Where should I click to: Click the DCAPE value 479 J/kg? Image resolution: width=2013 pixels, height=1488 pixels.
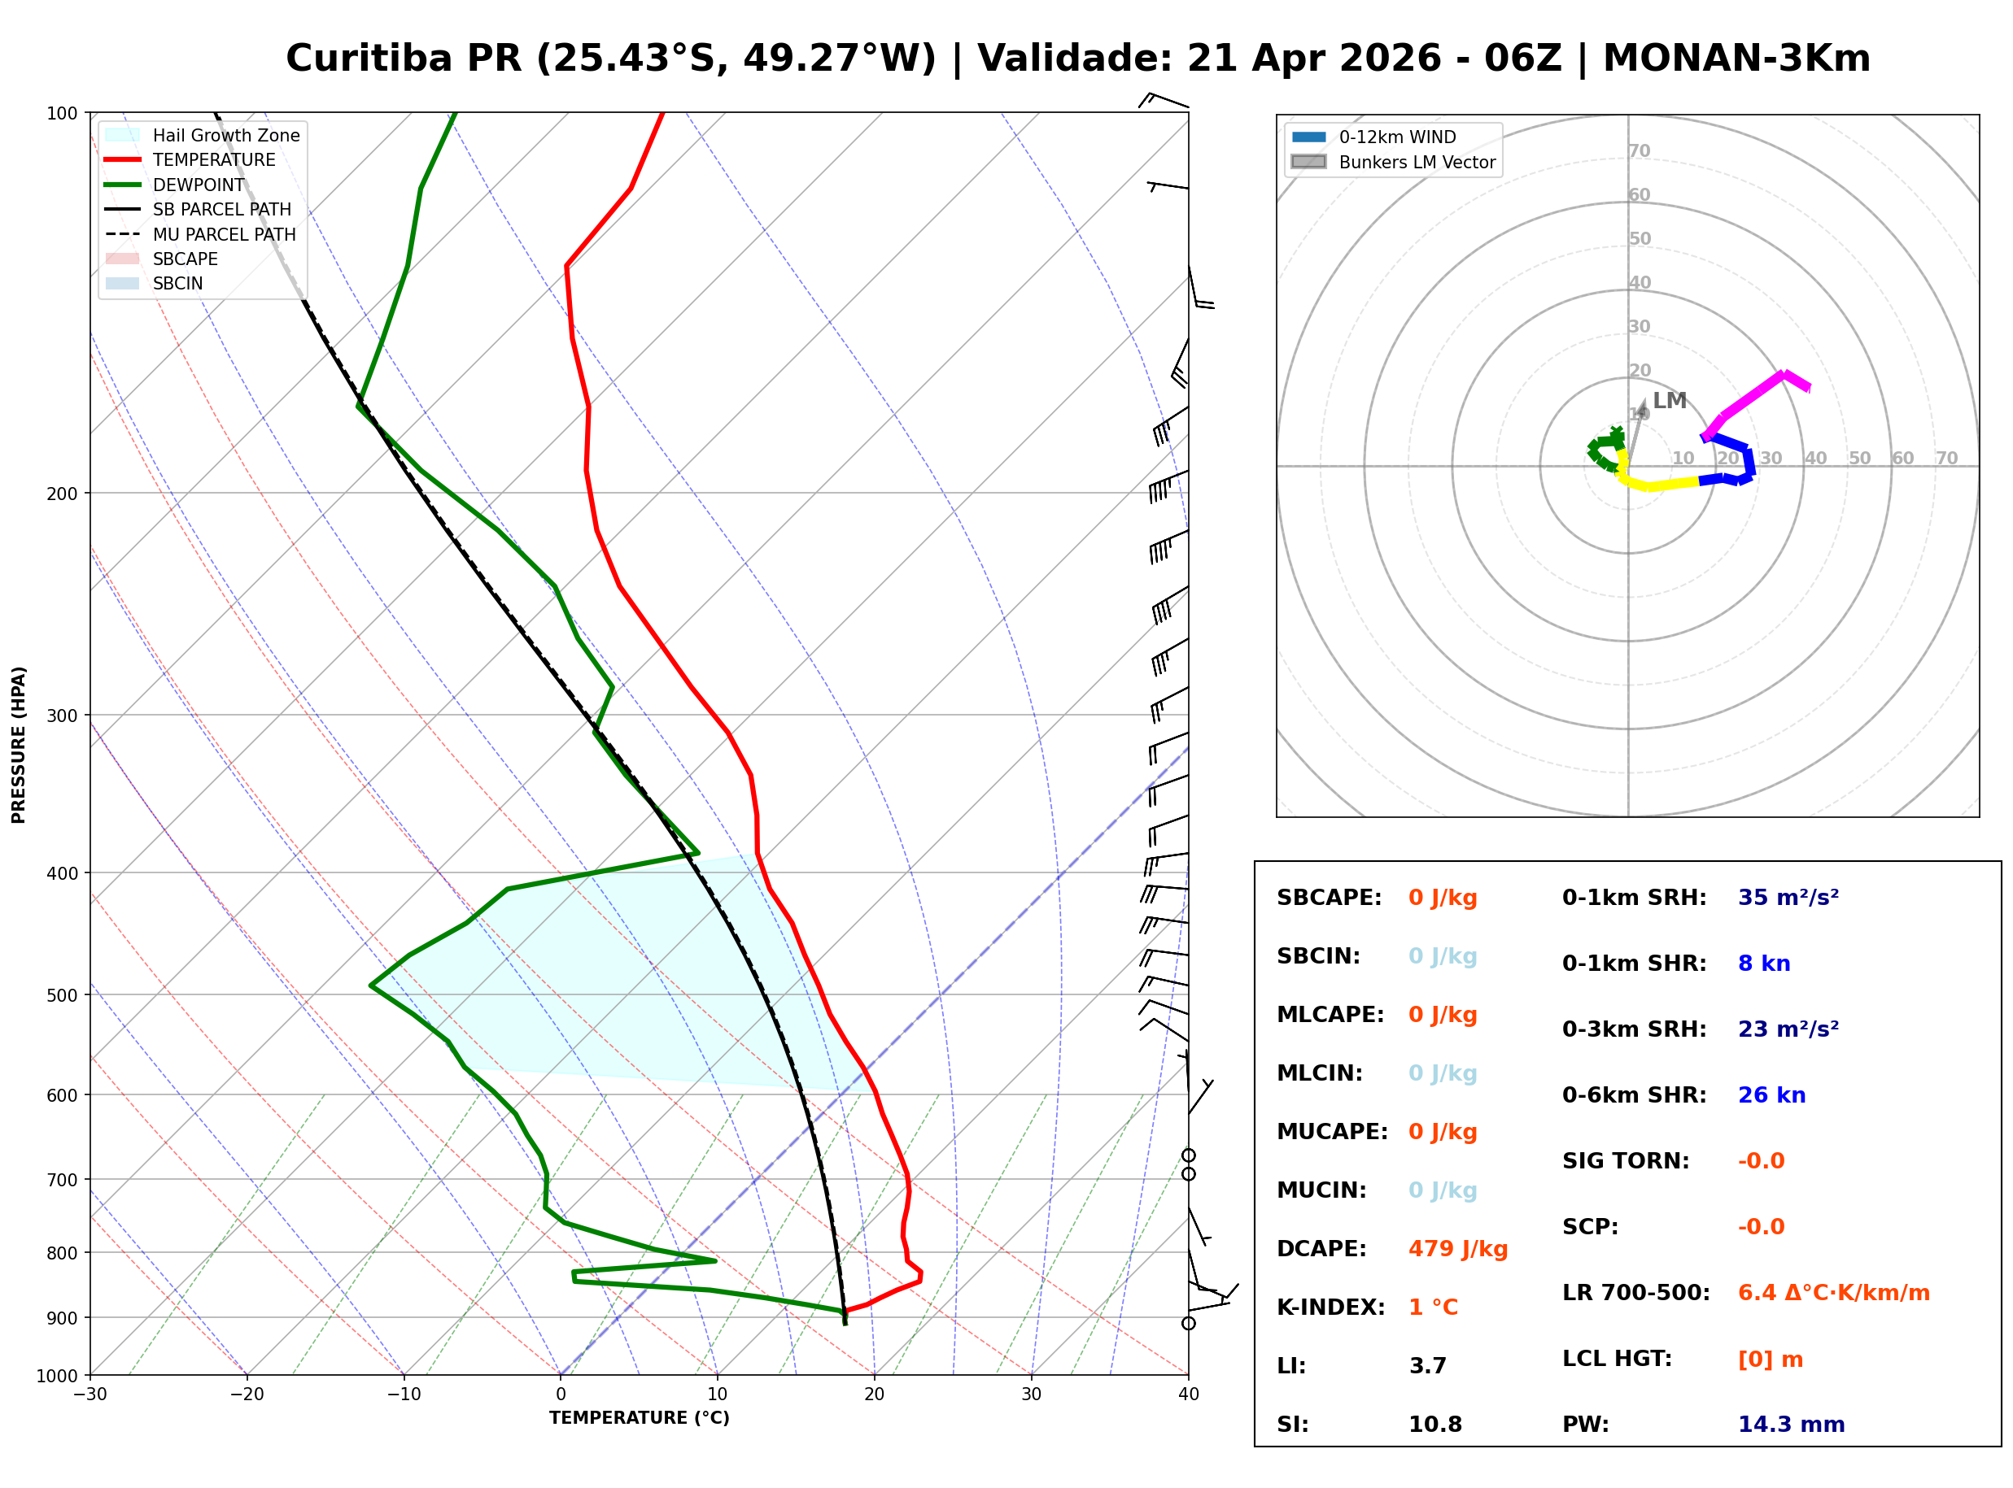click(1457, 1249)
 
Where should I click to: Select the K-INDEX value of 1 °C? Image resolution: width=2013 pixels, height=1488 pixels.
click(1433, 1307)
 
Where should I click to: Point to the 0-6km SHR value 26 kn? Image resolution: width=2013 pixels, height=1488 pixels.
click(1771, 1095)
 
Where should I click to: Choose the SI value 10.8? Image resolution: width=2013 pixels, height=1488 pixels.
click(1434, 1425)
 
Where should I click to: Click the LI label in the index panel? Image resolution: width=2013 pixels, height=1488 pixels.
click(1291, 1366)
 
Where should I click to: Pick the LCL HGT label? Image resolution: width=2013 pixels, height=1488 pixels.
click(1617, 1360)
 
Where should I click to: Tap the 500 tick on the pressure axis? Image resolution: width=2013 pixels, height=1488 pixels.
click(61, 995)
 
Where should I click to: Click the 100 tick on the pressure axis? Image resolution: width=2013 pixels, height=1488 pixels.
click(61, 114)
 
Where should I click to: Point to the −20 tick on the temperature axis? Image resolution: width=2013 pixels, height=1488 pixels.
click(246, 1395)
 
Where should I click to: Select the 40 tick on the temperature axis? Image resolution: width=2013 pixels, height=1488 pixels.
click(1188, 1395)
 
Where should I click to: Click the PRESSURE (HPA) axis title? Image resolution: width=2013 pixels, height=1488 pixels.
click(19, 745)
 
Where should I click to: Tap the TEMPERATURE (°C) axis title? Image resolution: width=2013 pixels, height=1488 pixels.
click(639, 1419)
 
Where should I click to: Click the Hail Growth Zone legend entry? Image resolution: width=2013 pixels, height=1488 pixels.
click(225, 135)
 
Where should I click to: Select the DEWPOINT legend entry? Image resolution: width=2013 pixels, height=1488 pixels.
click(199, 185)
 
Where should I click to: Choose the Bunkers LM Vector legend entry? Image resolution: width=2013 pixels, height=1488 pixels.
click(1417, 162)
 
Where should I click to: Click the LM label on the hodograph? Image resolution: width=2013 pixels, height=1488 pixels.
click(1669, 401)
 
